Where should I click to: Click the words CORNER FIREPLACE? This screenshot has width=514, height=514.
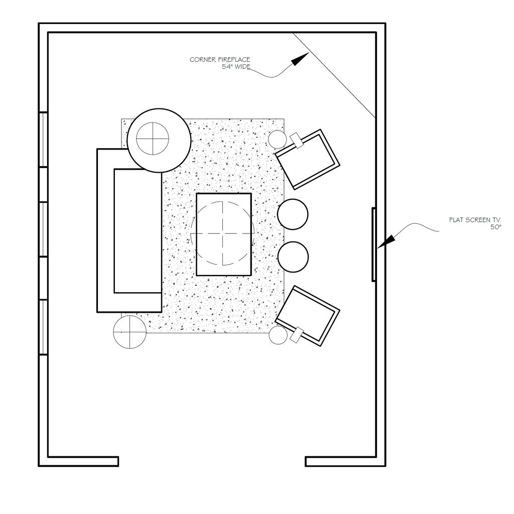point(219,60)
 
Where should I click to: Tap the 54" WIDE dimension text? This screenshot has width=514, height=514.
point(236,66)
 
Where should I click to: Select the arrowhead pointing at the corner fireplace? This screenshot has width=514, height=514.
point(300,59)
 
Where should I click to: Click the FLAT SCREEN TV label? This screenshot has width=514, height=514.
point(474,220)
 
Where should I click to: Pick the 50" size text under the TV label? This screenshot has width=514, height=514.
point(495,227)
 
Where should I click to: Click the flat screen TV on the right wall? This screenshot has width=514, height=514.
point(373,244)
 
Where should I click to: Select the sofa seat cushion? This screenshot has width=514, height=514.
point(138,231)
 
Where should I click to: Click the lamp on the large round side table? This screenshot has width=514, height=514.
point(152,139)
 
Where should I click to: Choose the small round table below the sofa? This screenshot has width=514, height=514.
point(130,332)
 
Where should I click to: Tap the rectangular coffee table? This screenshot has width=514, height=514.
point(223,234)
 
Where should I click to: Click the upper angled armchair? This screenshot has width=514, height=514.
point(308,160)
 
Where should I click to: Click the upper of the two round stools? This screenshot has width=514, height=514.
point(293,214)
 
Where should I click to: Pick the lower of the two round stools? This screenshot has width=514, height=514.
point(293,257)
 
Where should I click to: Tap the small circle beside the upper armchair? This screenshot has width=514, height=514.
point(277,139)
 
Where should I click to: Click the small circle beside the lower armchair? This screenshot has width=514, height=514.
point(278,335)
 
